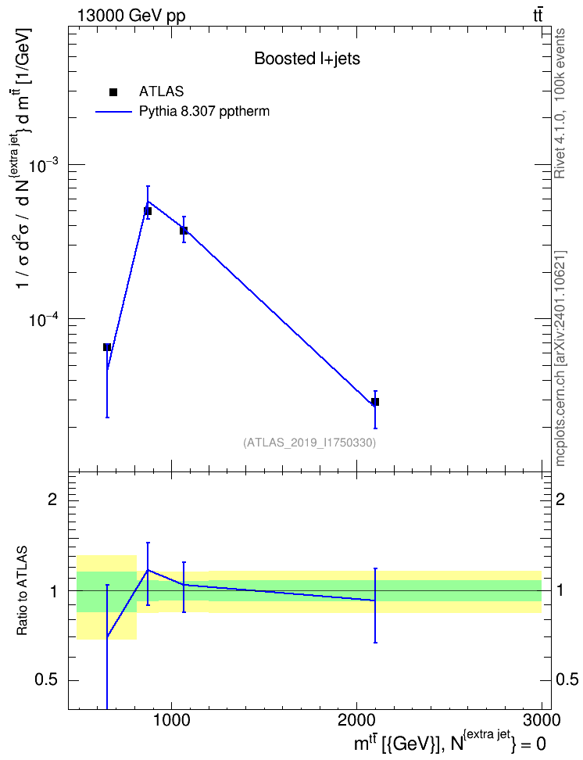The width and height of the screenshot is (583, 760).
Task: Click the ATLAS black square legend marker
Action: coord(113,92)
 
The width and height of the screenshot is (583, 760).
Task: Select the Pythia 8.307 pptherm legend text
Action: coord(204,112)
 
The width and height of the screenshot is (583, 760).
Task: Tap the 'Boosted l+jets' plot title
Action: coord(307,59)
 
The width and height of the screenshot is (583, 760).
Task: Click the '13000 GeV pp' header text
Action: coord(131,16)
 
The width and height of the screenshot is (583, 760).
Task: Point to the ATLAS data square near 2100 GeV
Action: coord(374,402)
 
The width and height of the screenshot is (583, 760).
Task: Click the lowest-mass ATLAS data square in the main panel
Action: coord(107,347)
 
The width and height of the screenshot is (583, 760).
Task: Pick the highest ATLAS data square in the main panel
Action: coord(148,211)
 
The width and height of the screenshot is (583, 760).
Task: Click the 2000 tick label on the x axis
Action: coord(356,720)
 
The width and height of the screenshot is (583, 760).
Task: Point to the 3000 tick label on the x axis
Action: coord(542,720)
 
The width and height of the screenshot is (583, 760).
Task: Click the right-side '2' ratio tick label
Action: coord(560,499)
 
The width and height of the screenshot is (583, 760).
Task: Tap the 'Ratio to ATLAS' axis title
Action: coord(22,591)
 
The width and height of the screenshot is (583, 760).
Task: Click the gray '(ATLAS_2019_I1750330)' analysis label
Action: coord(309,443)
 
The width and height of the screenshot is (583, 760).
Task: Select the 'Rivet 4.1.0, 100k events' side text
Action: coord(560,103)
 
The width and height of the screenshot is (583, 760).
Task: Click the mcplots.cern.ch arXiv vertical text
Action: coord(560,359)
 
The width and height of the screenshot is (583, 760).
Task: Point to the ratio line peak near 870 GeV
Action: coord(148,570)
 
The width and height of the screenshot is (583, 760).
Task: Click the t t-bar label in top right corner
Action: coord(538,16)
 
